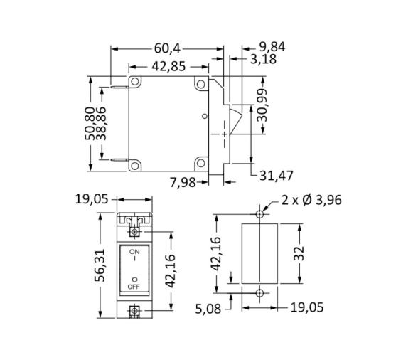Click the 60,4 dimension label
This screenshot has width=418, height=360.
pos(168,48)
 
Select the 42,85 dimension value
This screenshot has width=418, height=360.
pos(168,66)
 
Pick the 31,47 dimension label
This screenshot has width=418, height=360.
pos(277,175)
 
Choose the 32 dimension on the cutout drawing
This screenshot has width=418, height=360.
pos(300,253)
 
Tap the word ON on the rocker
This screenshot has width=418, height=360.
pos(134,252)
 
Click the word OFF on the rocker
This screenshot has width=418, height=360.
pos(134,287)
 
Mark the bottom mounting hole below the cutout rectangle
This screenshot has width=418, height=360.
pos(261,292)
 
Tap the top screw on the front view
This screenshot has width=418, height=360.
pos(134,231)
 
